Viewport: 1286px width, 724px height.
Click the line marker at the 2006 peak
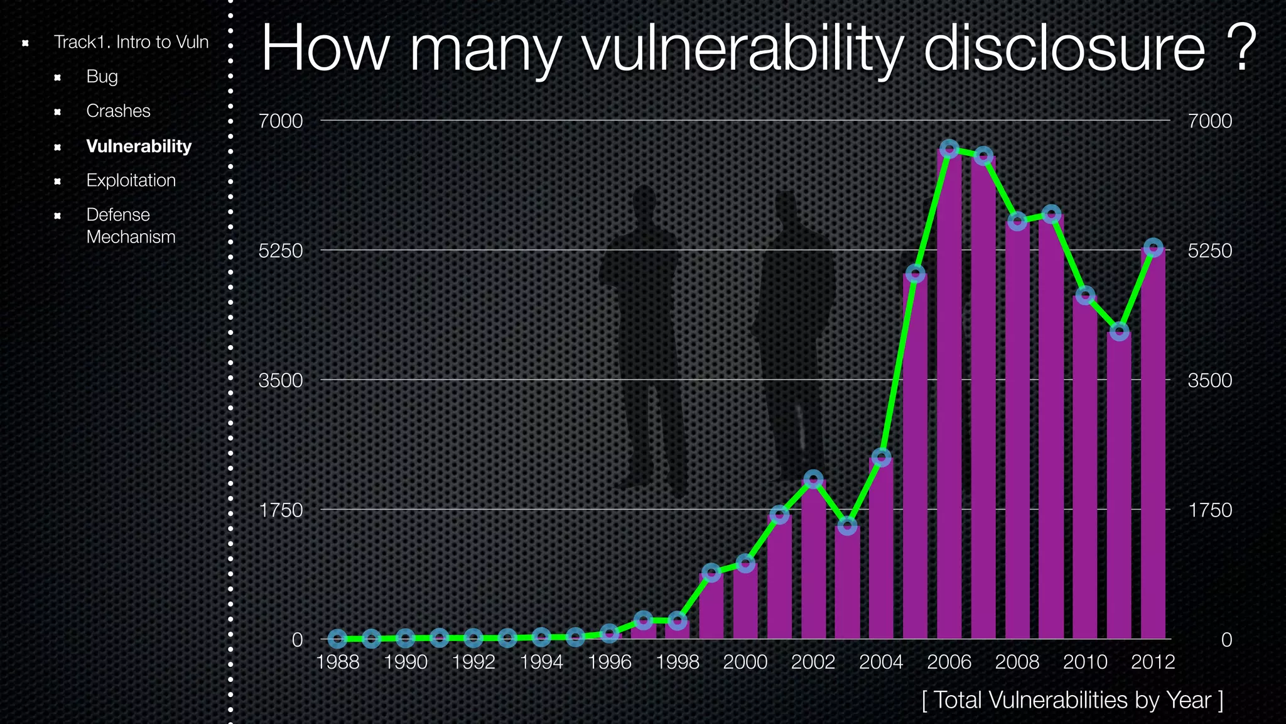[949, 149]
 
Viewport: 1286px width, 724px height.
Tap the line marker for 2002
[813, 480]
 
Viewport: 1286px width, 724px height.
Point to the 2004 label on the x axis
[881, 662]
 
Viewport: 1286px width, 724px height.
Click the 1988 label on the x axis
[338, 662]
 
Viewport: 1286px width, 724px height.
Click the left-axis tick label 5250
[281, 251]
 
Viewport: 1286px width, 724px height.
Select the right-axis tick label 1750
[1210, 510]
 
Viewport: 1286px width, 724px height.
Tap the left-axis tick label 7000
[281, 121]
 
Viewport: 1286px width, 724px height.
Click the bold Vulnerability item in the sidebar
[139, 146]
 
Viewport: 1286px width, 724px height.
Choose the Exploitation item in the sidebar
[131, 180]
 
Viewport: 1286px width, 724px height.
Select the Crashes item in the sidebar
[118, 111]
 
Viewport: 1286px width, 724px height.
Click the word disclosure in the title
[1064, 49]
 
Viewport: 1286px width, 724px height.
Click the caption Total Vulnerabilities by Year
[1073, 700]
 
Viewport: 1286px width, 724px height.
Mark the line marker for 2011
[1119, 331]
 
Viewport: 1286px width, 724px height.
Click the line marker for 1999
[711, 573]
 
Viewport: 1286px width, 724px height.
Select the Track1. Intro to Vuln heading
[131, 42]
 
